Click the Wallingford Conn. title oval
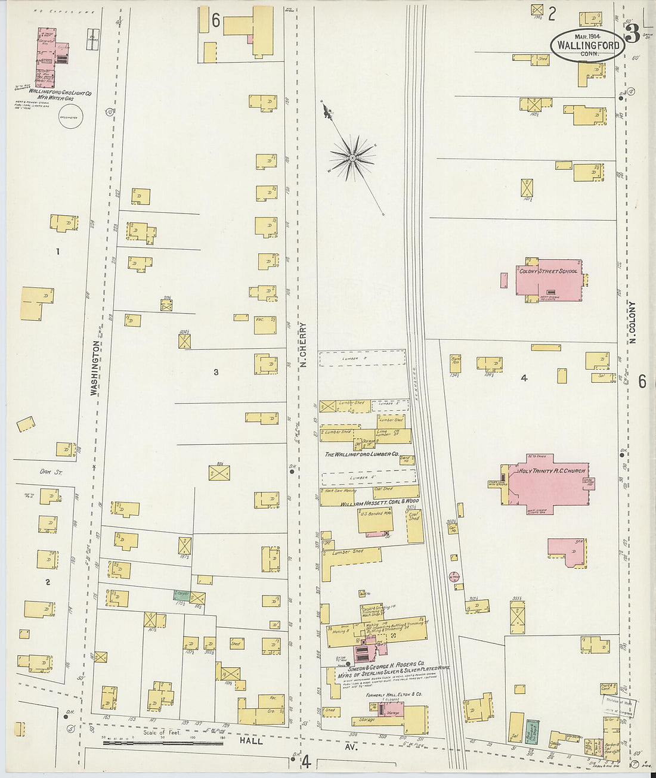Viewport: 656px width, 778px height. (587, 45)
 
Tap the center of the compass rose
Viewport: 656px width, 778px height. (352, 158)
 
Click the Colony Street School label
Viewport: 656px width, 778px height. (548, 271)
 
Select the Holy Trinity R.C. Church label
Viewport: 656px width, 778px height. (552, 471)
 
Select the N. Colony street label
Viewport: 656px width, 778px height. (632, 322)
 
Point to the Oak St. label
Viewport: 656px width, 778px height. (47, 472)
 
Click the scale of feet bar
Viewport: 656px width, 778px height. (162, 742)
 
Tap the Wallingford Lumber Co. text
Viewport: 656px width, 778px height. (361, 454)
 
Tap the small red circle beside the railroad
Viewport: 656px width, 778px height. (454, 576)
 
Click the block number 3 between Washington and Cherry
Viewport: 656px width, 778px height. (216, 372)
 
